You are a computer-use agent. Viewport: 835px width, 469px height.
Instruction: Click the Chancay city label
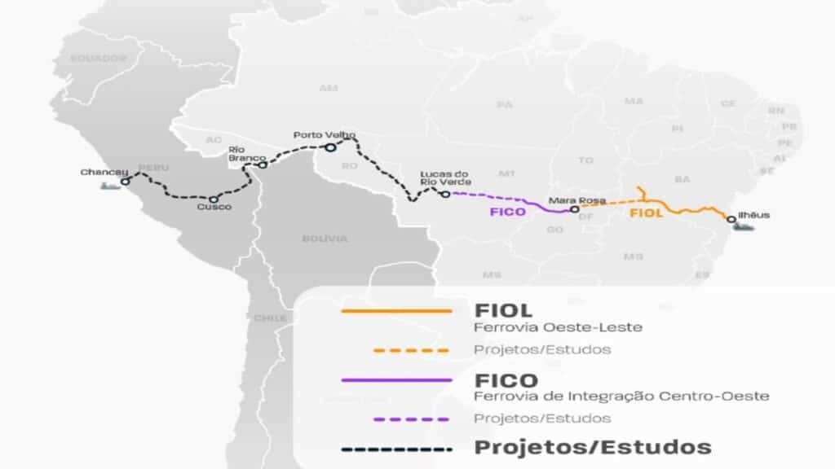tap(104, 172)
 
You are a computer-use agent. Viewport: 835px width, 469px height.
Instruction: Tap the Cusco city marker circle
tap(214, 199)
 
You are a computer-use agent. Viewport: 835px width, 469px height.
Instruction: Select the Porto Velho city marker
tap(330, 147)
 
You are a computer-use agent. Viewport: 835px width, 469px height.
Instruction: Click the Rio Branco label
tap(236, 153)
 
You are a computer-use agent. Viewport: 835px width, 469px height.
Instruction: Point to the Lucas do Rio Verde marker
tap(445, 194)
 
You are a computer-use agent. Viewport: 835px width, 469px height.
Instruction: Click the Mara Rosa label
tap(570, 199)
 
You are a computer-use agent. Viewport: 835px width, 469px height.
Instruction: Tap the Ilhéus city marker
tap(731, 219)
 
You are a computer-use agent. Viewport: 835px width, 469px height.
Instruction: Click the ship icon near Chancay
tap(109, 186)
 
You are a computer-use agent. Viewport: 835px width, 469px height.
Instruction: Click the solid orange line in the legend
tap(396, 311)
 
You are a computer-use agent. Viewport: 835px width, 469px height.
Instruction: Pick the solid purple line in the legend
tap(396, 379)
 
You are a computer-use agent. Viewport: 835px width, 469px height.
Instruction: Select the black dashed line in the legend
tap(396, 449)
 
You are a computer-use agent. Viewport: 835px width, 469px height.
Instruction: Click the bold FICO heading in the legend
tap(506, 379)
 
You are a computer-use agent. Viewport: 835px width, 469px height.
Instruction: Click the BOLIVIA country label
tap(325, 239)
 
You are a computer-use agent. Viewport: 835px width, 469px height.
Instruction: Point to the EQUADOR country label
tap(98, 59)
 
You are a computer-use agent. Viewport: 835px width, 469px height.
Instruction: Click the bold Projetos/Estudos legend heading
tap(593, 447)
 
